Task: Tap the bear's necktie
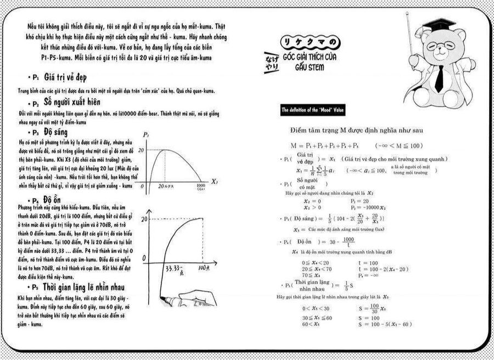tap(439, 77)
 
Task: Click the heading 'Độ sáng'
tap(55, 132)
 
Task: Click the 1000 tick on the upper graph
tap(200, 187)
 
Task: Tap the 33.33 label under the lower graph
tap(174, 269)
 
